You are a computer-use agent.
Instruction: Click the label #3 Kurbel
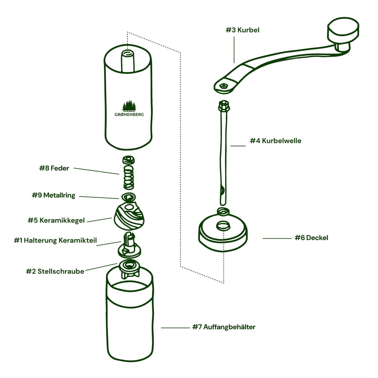(x=243, y=30)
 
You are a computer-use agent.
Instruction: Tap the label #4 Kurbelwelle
(x=276, y=141)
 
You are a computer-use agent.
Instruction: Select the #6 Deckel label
(x=311, y=238)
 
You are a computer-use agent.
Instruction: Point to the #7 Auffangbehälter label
(x=224, y=327)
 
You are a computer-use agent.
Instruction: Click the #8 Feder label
(x=54, y=168)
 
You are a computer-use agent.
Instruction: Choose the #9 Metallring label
(x=54, y=195)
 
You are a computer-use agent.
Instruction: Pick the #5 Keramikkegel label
(x=56, y=220)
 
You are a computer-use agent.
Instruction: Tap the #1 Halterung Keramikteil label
(x=55, y=241)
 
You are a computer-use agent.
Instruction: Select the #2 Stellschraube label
(x=55, y=271)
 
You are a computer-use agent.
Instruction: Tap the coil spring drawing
(x=128, y=176)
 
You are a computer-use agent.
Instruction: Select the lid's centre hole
(x=223, y=226)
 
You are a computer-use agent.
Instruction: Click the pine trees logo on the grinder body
(x=129, y=106)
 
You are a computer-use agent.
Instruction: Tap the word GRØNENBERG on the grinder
(x=129, y=115)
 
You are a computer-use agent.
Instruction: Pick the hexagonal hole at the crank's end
(x=224, y=86)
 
